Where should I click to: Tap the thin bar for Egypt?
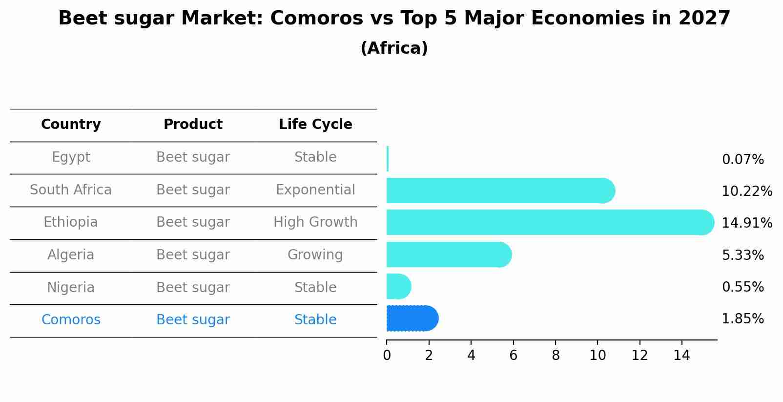coord(388,159)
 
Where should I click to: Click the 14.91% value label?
coord(746,223)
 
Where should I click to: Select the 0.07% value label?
coord(742,160)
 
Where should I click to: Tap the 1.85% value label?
coord(742,319)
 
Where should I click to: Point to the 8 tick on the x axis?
coord(556,356)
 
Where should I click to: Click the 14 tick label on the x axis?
coord(681,356)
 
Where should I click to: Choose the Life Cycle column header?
coord(315,125)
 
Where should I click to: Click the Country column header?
coord(71,125)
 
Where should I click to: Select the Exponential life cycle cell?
coord(315,190)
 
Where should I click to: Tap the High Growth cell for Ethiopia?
coord(315,222)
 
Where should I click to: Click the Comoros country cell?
coord(71,320)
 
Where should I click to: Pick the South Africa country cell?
coord(71,190)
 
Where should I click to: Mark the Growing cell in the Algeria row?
coord(315,255)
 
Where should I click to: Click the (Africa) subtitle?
coord(394,48)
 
